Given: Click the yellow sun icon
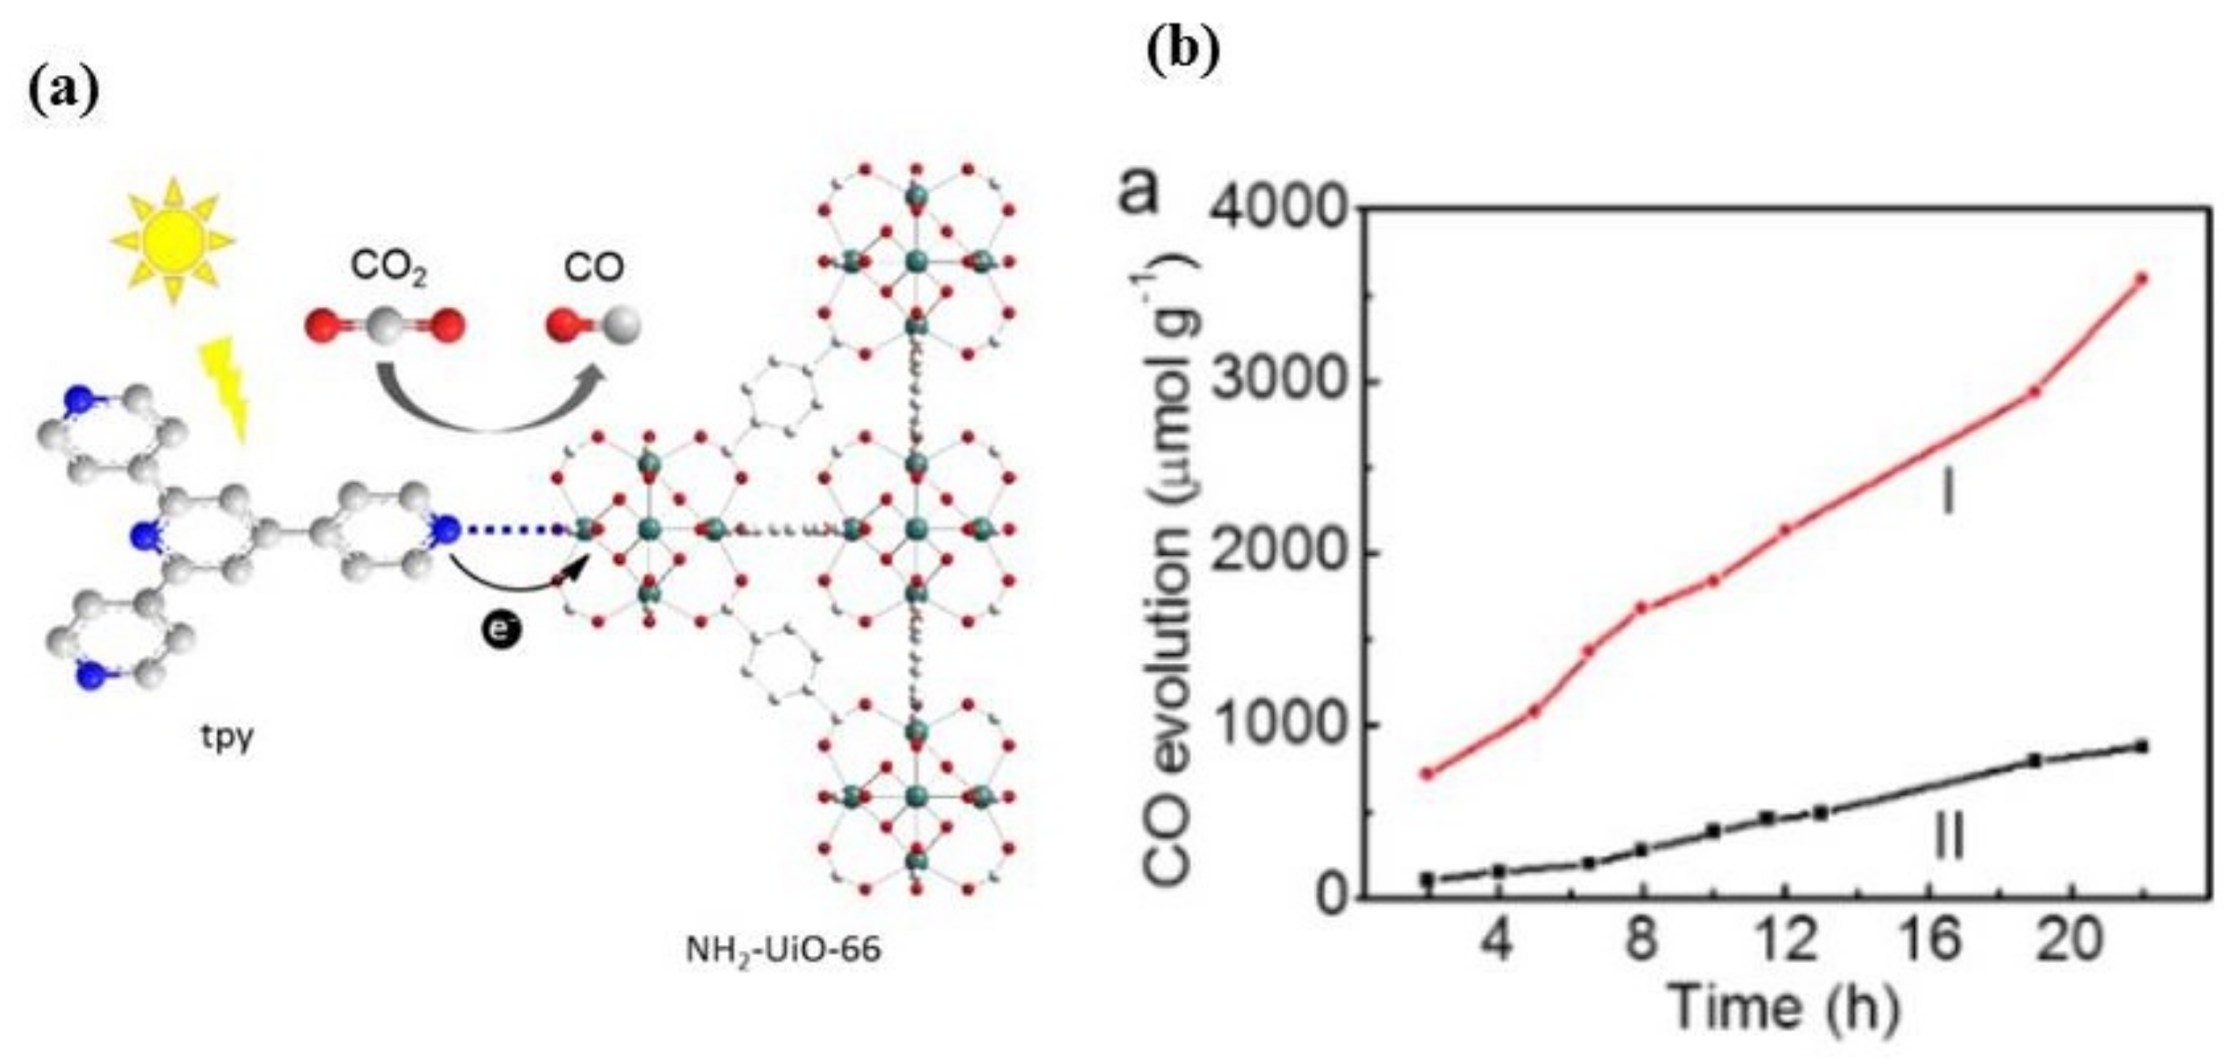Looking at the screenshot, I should point(173,239).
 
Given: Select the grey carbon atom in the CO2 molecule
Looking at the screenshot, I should point(385,328).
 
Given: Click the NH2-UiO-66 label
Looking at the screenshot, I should point(783,950).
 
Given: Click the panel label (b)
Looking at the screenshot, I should point(1183,50).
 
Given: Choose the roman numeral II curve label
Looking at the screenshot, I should point(1949,838).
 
